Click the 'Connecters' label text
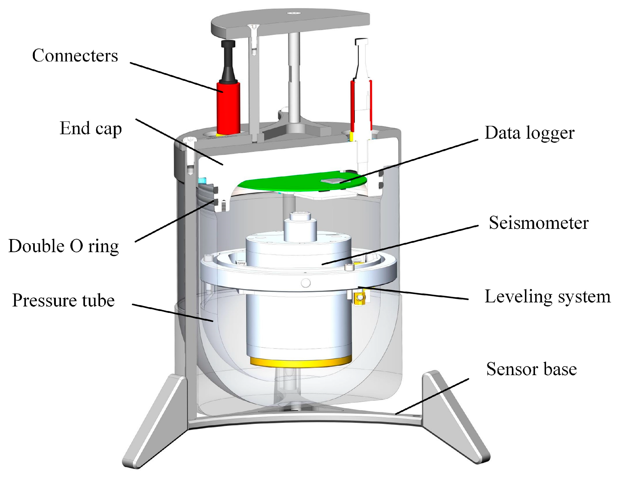(75, 55)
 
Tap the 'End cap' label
(90, 129)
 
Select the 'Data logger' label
(529, 133)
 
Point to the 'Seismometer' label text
(538, 223)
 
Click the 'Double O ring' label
(64, 246)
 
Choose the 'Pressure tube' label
(63, 300)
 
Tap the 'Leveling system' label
(547, 297)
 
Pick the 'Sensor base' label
(531, 369)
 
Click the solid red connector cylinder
(228, 107)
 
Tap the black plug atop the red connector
(228, 61)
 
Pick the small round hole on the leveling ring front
(306, 282)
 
